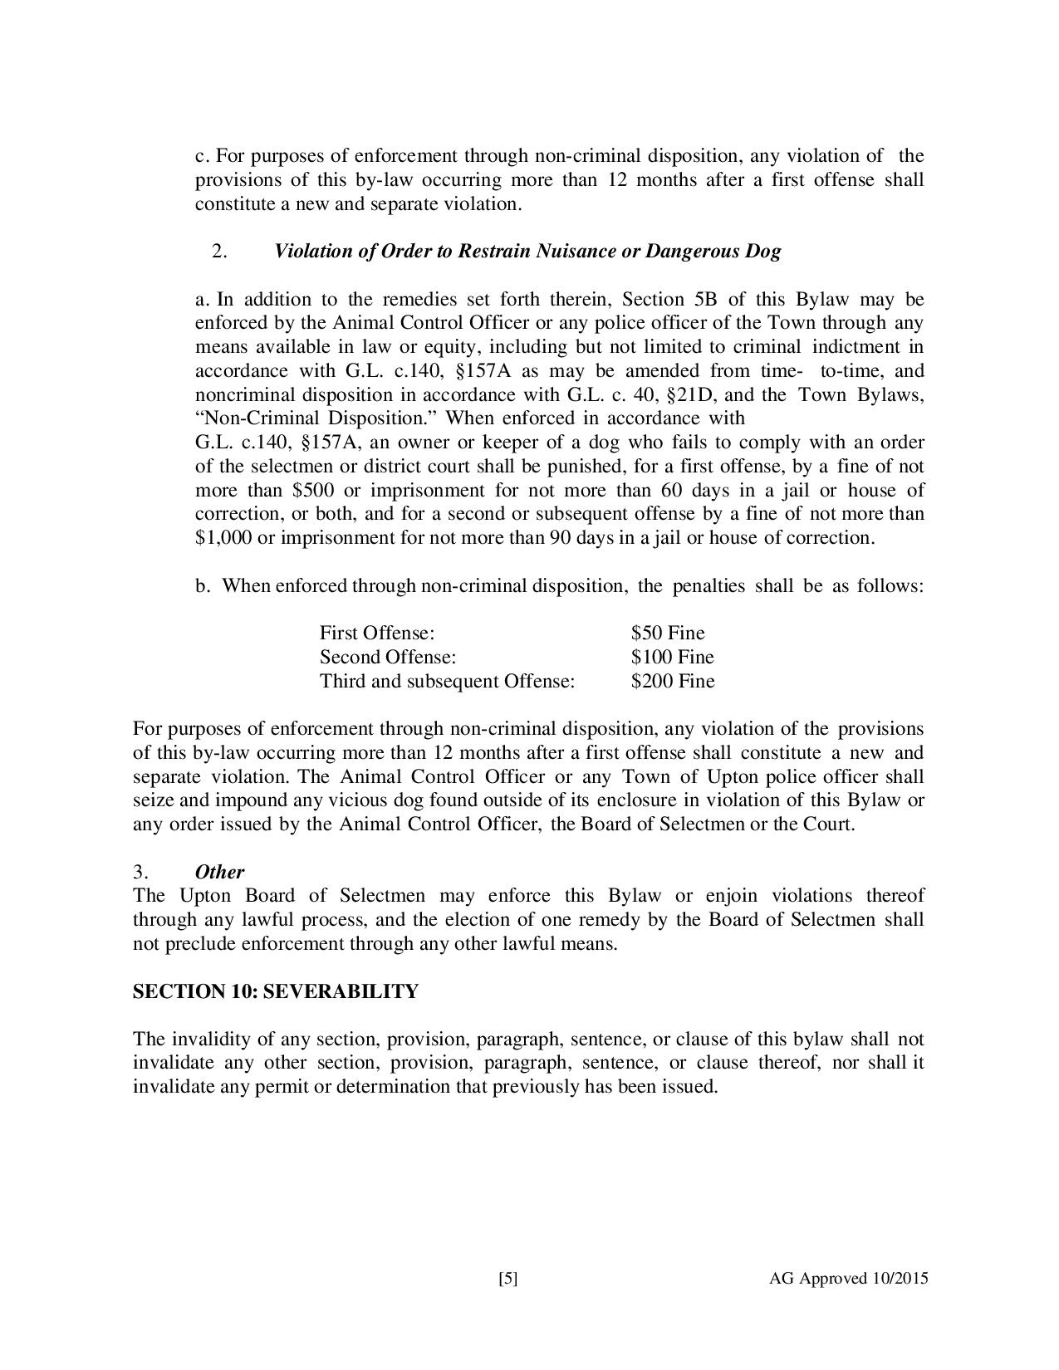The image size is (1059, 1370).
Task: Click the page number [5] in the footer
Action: click(x=507, y=1279)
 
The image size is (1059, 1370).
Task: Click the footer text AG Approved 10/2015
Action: click(x=849, y=1279)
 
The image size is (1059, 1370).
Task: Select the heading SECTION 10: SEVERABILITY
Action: click(x=275, y=991)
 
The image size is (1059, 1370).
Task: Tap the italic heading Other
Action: click(x=219, y=872)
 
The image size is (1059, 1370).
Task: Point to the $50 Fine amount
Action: click(x=667, y=634)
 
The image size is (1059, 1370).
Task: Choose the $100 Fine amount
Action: click(x=672, y=658)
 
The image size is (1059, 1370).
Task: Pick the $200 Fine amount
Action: click(x=672, y=682)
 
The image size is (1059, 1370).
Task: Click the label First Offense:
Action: click(x=377, y=634)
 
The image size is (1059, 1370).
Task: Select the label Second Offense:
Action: click(x=388, y=658)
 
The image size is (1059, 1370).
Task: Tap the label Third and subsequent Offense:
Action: click(x=447, y=682)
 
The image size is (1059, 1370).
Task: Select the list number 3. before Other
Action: click(x=140, y=872)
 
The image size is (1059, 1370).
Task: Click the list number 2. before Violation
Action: click(x=219, y=251)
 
